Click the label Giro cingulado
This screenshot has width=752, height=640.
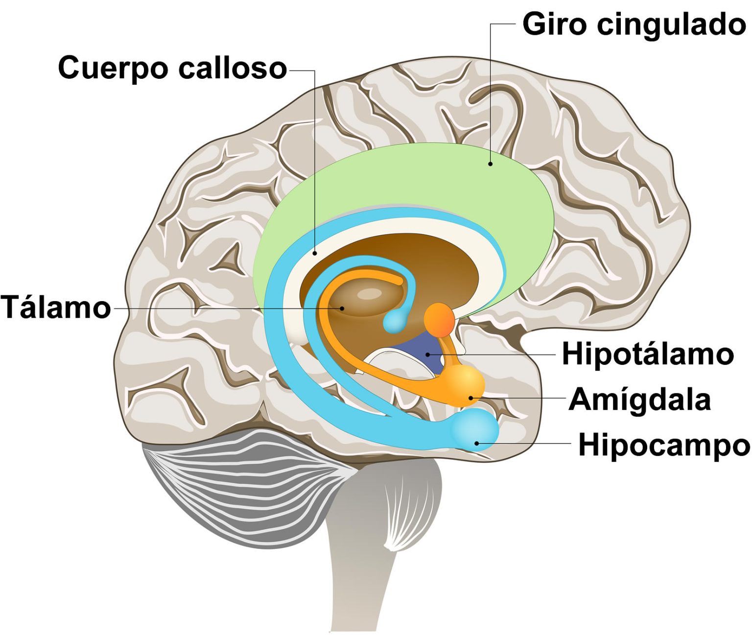point(634,24)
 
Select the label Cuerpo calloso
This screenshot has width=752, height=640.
point(172,68)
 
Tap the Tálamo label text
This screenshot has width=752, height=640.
point(56,308)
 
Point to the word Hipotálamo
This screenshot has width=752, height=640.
point(647,354)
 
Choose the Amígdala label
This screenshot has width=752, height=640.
point(639,399)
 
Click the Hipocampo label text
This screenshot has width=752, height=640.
point(663,445)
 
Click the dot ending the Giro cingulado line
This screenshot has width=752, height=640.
point(490,164)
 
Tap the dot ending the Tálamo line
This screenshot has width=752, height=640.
point(343,308)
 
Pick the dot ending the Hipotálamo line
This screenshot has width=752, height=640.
point(427,354)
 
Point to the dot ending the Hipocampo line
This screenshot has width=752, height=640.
point(477,443)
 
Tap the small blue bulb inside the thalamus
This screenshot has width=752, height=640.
point(395,322)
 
